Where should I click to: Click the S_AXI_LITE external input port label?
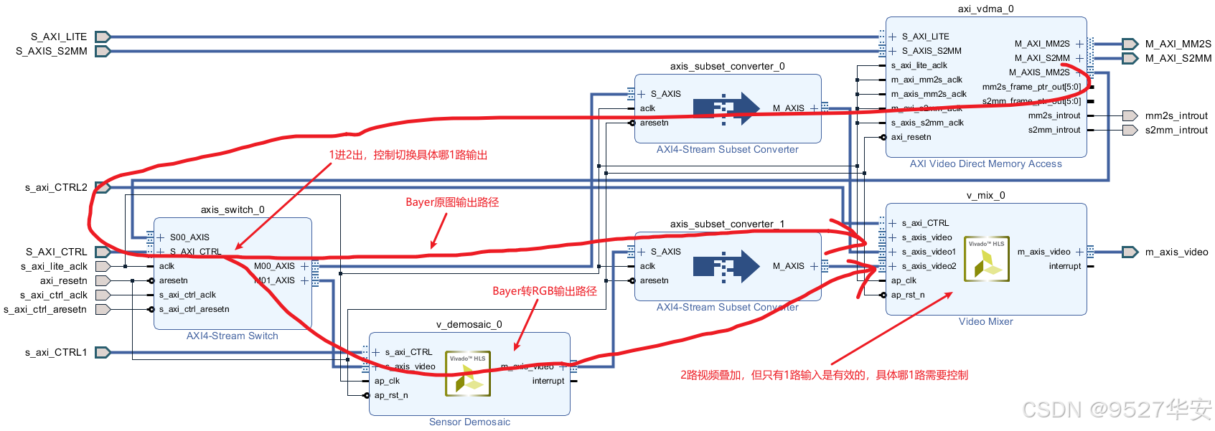58,37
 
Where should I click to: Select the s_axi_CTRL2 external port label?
56,187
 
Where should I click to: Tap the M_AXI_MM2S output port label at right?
1178,44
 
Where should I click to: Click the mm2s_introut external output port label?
1176,115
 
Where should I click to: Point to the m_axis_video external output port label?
1176,252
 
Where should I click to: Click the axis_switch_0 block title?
233,209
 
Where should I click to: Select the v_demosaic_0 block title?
469,324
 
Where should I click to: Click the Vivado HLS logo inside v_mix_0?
987,259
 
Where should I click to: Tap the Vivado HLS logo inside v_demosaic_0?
468,374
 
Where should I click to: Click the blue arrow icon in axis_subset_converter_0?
726,108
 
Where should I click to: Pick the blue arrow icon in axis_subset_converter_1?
726,266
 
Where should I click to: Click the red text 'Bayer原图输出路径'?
452,202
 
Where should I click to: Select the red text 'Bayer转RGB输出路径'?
544,291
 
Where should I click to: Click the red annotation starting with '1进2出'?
408,155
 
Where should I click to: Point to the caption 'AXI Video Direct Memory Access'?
985,164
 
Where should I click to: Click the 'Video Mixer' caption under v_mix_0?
985,321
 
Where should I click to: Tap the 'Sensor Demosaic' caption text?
469,422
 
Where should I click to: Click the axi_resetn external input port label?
63,280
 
